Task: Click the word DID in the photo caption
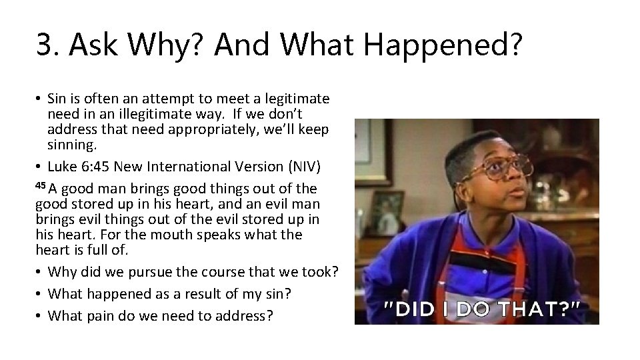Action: pyautogui.click(x=411, y=308)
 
